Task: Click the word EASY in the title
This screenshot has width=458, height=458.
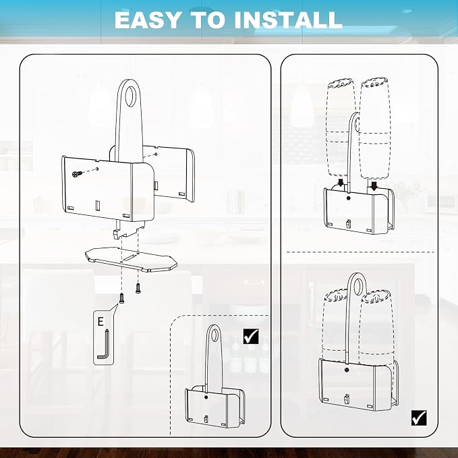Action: (x=147, y=20)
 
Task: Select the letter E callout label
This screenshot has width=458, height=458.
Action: (x=101, y=322)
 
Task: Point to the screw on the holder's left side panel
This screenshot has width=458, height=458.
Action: (x=77, y=174)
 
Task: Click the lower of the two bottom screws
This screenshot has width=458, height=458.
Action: (x=121, y=299)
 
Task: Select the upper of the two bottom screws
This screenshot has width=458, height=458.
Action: (x=138, y=288)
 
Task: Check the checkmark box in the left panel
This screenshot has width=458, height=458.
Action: (x=251, y=336)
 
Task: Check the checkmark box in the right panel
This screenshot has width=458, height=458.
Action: (x=419, y=418)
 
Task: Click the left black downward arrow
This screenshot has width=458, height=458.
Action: (x=341, y=183)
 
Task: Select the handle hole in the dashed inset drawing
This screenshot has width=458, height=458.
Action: (x=214, y=335)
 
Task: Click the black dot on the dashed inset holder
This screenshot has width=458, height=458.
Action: (x=206, y=397)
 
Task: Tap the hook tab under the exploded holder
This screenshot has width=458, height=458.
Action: (x=117, y=233)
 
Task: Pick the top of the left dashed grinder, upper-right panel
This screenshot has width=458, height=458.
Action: (x=341, y=83)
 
